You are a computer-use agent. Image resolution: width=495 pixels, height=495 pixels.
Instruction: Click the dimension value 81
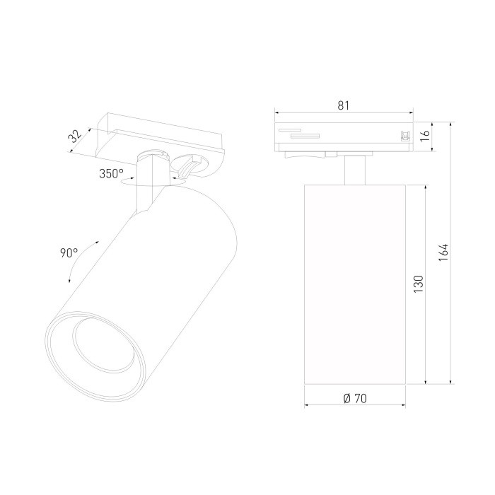[x=344, y=105]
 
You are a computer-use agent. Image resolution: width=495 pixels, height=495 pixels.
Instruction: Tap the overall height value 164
[x=443, y=252]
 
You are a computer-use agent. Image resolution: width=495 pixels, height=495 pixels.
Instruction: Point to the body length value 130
[x=418, y=285]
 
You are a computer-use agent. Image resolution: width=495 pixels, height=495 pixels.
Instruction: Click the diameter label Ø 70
[x=354, y=399]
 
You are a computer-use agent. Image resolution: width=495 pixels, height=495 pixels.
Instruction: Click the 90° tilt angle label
[x=69, y=253]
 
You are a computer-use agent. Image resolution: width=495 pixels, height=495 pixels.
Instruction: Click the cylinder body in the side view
[x=354, y=283]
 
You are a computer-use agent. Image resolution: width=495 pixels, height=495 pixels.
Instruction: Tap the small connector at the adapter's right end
[x=405, y=136]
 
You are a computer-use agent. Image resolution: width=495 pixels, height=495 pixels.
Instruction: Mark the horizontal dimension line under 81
[x=344, y=112]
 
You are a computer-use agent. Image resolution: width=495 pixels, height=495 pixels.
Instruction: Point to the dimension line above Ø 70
[x=354, y=407]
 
